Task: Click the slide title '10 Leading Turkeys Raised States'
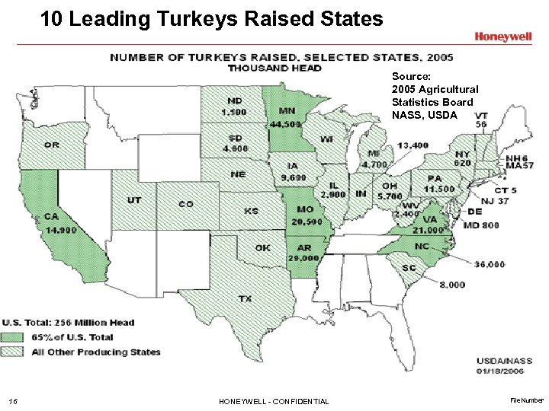(x=211, y=18)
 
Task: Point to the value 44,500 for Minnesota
(x=284, y=123)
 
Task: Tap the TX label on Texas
(x=245, y=299)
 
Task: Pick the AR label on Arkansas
(x=304, y=248)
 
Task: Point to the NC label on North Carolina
(x=421, y=246)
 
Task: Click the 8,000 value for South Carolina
(x=451, y=285)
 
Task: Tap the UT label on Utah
(x=133, y=200)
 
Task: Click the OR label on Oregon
(x=52, y=145)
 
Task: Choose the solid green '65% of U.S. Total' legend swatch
(x=14, y=337)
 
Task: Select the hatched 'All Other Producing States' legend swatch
(x=14, y=352)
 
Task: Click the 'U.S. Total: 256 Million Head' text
(x=68, y=323)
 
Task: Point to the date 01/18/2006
(x=499, y=371)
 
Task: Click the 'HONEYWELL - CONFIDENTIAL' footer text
(x=274, y=401)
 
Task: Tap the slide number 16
(x=11, y=401)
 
